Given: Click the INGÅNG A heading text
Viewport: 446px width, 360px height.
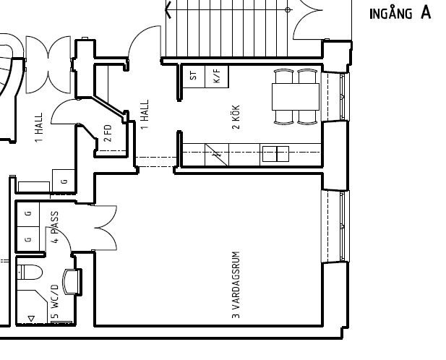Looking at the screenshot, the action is [400, 13].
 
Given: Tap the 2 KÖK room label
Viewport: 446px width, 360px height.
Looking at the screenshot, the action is [236, 117].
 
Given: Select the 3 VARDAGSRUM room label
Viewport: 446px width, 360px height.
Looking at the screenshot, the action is [236, 285].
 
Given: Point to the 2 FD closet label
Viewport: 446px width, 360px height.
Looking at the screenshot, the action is [108, 133].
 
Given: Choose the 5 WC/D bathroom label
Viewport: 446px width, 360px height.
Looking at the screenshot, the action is [55, 301].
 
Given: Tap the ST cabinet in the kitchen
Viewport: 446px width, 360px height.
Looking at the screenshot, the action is [194, 76].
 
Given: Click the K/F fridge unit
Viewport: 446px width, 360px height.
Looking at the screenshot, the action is [217, 76].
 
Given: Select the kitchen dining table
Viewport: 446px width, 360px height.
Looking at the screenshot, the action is [296, 97].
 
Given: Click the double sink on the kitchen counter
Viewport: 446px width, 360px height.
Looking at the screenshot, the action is [275, 154].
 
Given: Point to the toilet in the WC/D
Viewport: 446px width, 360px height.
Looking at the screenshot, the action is [30, 272].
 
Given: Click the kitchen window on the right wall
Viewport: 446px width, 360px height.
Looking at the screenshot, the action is [335, 97].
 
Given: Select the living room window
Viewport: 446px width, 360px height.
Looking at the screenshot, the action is [335, 226].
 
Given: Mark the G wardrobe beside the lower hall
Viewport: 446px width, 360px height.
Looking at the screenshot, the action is [64, 181].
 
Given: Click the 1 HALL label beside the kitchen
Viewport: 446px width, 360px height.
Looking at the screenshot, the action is [145, 114].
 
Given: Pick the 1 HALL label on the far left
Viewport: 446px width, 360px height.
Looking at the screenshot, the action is [39, 127].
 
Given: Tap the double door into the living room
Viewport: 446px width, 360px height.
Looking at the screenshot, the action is [106, 228].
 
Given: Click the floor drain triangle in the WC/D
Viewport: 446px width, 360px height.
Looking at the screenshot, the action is [31, 319].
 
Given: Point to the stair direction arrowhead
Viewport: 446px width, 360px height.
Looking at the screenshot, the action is [168, 9].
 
